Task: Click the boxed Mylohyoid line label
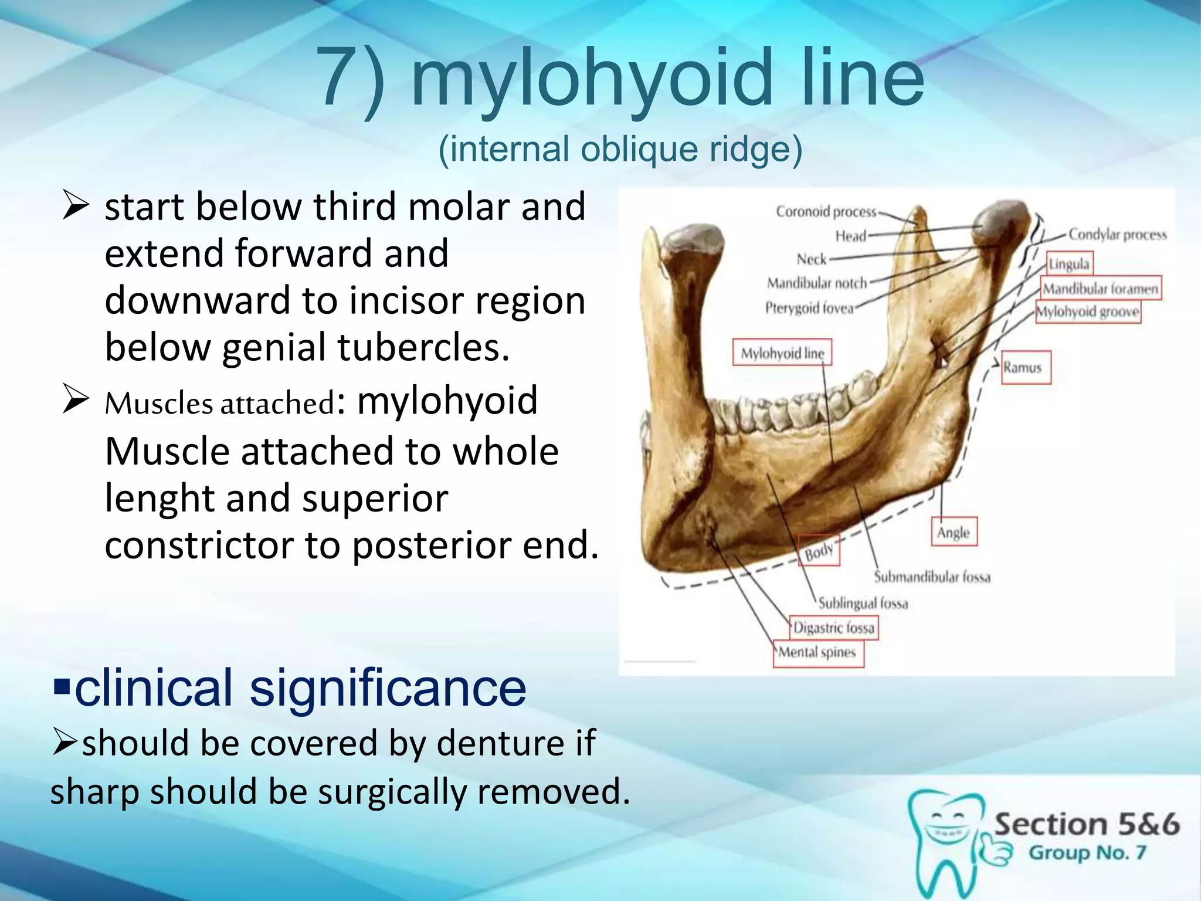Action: pos(782,353)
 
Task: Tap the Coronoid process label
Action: pos(826,212)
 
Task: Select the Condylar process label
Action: pos(1117,235)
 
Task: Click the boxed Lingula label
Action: pos(1069,264)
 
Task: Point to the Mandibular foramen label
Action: pos(1100,289)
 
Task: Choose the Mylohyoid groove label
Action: pos(1088,311)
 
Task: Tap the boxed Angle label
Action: pos(954,533)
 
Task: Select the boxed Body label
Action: pos(819,552)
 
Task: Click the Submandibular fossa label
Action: pos(932,577)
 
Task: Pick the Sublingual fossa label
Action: pos(863,603)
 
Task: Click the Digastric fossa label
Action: pos(833,628)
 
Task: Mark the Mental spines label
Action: pos(817,652)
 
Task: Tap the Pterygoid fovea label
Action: pos(809,308)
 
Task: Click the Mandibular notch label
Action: pos(817,283)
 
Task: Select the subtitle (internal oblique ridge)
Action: pos(620,150)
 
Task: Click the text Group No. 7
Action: pos(1087,852)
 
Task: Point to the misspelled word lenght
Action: pos(158,499)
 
